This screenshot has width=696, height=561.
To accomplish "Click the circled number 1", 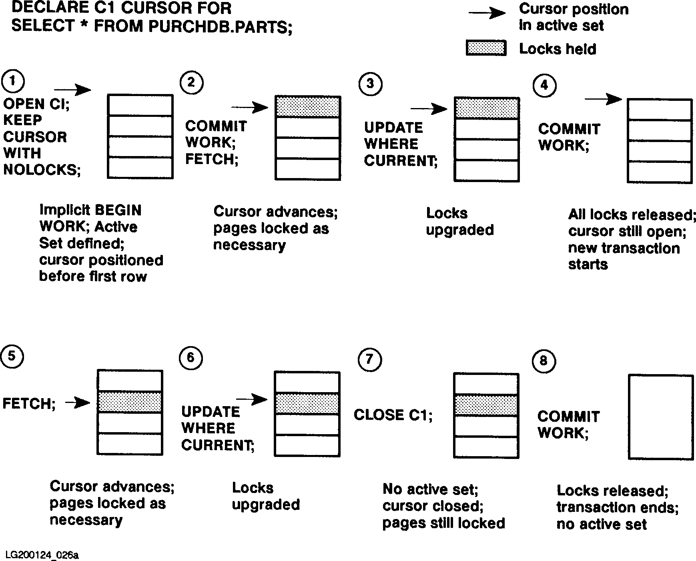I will [13, 81].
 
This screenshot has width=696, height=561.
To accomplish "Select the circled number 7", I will [369, 359].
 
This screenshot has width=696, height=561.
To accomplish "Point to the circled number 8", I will [544, 361].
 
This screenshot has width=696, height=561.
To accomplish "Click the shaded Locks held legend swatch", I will [486, 48].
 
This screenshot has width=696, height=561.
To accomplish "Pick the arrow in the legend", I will [487, 13].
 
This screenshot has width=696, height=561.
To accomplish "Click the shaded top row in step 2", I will [308, 107].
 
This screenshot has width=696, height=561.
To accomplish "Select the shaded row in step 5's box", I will [130, 402].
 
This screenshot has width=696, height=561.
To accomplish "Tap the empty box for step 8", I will [660, 417].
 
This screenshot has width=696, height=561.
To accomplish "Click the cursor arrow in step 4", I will [603, 98].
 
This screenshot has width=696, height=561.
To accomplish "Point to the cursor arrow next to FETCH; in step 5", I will [78, 403].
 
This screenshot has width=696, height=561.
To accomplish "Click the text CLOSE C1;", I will [393, 415].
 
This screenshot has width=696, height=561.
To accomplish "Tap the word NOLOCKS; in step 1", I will [42, 170].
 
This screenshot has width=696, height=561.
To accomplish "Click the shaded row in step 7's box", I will [486, 405].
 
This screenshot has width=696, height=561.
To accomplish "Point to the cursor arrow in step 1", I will [72, 90].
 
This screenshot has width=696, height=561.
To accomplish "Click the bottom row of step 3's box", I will [486, 171].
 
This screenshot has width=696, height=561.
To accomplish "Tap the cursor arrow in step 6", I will [252, 399].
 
